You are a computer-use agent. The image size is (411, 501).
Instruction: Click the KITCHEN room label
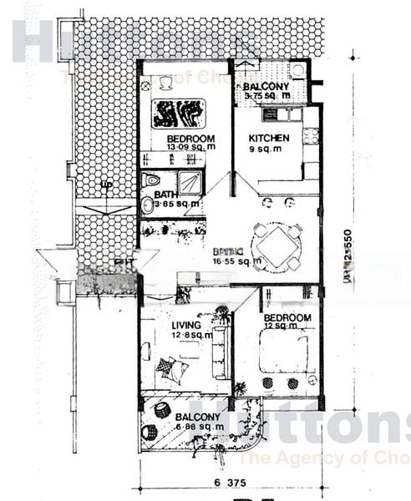point(270,139)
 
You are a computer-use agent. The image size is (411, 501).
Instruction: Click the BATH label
point(166,195)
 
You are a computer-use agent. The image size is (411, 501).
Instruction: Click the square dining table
point(277,246)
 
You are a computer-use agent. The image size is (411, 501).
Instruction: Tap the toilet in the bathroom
point(152,180)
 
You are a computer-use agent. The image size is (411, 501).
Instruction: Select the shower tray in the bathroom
point(189,182)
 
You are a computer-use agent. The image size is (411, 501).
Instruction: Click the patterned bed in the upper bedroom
point(178,112)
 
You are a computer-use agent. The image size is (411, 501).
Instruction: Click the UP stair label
point(105,185)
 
